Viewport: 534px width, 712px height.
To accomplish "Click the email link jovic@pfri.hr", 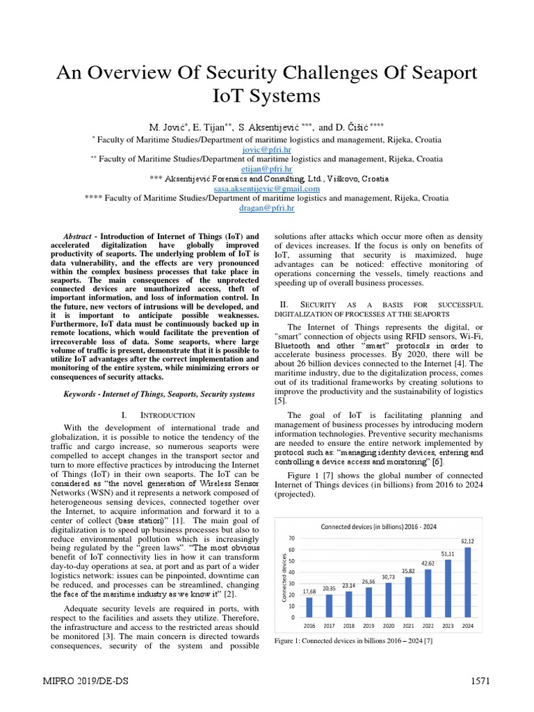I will [267, 149].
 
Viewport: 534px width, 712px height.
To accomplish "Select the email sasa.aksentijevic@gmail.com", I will [267, 188].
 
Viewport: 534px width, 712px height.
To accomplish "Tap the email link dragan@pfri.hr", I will [267, 208].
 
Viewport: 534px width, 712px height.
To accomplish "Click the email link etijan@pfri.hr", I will [267, 168].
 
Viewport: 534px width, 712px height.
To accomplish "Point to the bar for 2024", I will [468, 582].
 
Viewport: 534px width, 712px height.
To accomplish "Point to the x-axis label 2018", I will [349, 626].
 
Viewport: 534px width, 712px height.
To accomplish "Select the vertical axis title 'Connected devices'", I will [284, 577].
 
